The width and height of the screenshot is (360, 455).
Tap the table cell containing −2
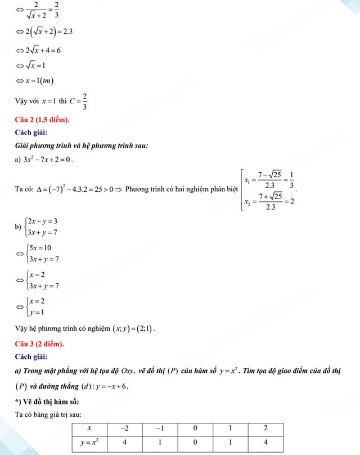click(124, 429)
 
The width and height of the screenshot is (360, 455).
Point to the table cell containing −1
click(160, 429)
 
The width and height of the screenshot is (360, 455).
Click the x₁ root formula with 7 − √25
click(269, 183)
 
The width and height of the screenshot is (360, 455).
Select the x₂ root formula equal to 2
click(269, 201)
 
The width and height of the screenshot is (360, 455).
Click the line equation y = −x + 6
click(98, 387)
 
